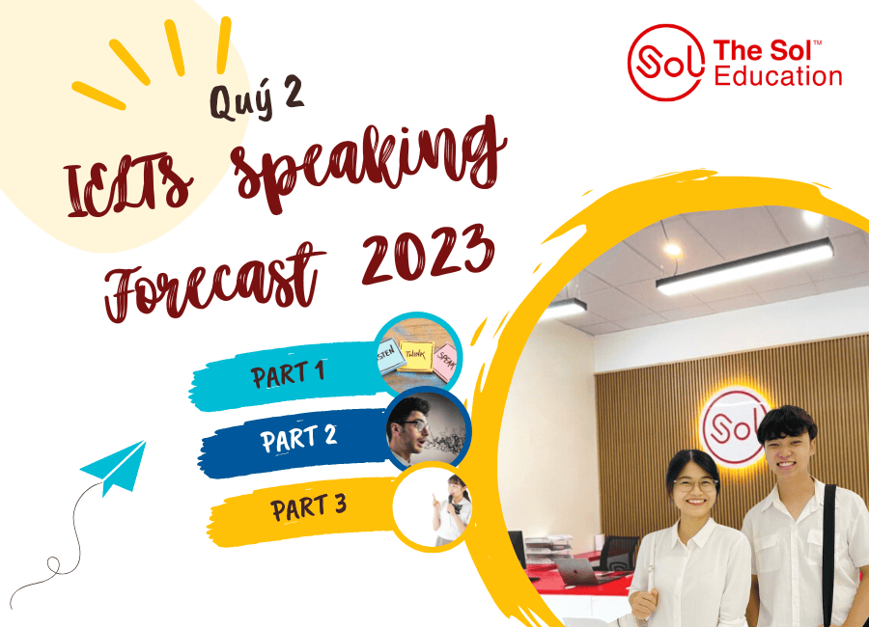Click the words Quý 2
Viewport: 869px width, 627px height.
click(x=257, y=98)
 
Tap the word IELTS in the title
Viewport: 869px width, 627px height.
click(x=128, y=184)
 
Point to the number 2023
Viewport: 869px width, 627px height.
click(x=428, y=254)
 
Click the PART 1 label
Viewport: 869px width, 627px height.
click(x=288, y=374)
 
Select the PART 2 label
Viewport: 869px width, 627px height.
click(x=298, y=439)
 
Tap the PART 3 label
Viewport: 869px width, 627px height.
click(x=308, y=506)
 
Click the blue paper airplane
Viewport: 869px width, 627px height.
click(x=115, y=468)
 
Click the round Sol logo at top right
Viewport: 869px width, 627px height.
click(x=665, y=62)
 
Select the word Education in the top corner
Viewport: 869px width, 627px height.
click(x=778, y=76)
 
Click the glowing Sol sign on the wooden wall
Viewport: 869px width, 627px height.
click(x=733, y=427)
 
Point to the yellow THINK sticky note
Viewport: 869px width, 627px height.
click(x=415, y=357)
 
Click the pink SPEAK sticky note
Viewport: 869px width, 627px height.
click(x=446, y=359)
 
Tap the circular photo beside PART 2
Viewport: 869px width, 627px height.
click(x=428, y=430)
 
